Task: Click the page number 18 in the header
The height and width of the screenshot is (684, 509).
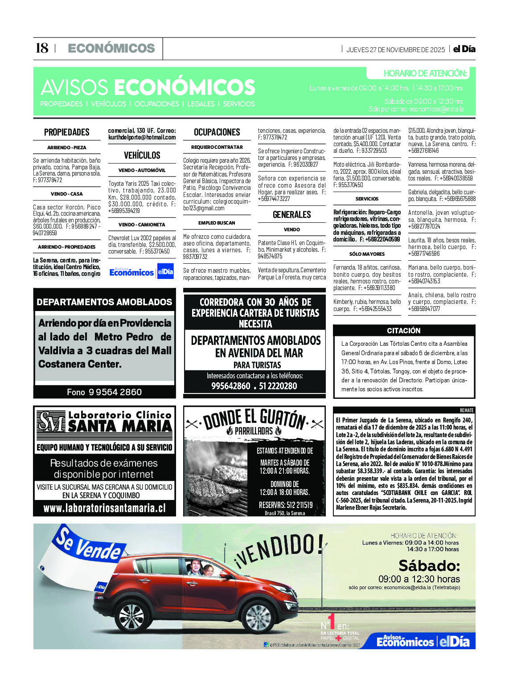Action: coord(41,48)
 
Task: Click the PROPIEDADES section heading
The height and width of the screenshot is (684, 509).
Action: coord(67,132)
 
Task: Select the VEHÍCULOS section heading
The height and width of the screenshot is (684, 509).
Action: coord(142,156)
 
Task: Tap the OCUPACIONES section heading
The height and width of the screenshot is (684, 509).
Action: coord(217,132)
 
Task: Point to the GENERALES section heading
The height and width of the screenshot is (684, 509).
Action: coord(292,215)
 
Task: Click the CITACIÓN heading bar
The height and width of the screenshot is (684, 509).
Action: coord(404,331)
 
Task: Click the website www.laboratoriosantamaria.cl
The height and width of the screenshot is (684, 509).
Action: coord(104,508)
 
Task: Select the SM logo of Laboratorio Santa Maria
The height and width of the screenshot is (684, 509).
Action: coord(51,422)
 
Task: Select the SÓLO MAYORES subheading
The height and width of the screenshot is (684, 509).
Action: coord(367,254)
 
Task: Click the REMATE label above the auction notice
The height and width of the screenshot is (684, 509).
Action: coord(467,410)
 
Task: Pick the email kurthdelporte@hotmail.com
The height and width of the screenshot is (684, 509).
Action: coord(142,138)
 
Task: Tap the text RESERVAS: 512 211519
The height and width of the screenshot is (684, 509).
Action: coord(286,505)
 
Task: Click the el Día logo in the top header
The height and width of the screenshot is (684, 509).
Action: coord(464,49)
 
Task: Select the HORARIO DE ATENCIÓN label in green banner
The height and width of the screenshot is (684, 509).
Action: coord(425,74)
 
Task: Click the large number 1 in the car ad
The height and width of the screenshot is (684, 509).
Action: coord(331,622)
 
